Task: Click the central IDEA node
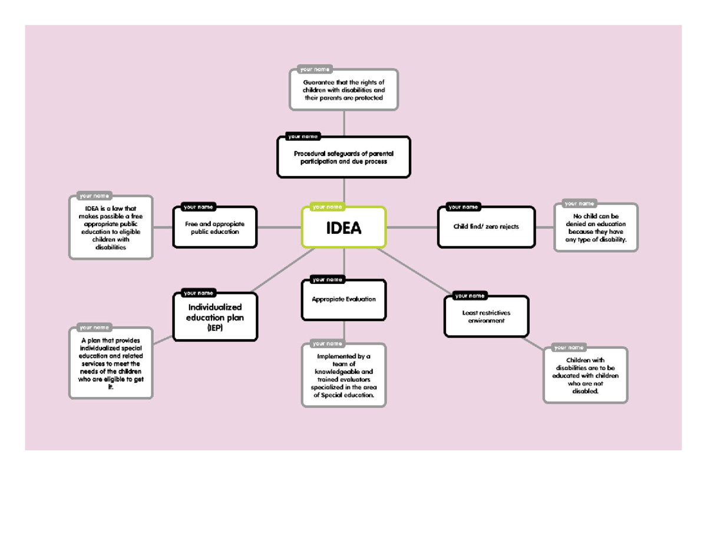(344, 228)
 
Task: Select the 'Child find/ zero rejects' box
(486, 227)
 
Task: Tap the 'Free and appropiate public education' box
(215, 228)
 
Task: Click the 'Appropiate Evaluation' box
(344, 300)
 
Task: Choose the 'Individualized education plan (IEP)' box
(215, 318)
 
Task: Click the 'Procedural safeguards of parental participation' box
(343, 157)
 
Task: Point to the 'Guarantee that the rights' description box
(343, 90)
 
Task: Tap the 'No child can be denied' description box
(596, 229)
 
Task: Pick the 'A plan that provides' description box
(111, 364)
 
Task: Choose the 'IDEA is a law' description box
(111, 228)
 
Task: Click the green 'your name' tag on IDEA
(327, 207)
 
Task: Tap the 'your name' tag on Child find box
(463, 207)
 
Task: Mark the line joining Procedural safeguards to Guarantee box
(343, 123)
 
